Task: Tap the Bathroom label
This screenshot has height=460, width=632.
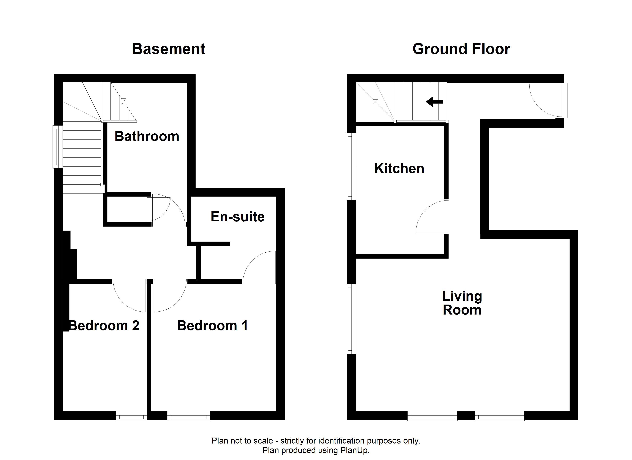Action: (147, 136)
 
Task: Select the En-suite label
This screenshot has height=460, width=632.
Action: (237, 217)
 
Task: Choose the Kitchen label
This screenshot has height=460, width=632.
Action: (399, 168)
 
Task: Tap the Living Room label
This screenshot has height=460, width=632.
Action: (462, 303)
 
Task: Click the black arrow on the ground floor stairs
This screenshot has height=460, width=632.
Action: (434, 102)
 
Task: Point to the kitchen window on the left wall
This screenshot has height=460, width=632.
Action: (351, 167)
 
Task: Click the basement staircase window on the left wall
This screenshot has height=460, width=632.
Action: (58, 147)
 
